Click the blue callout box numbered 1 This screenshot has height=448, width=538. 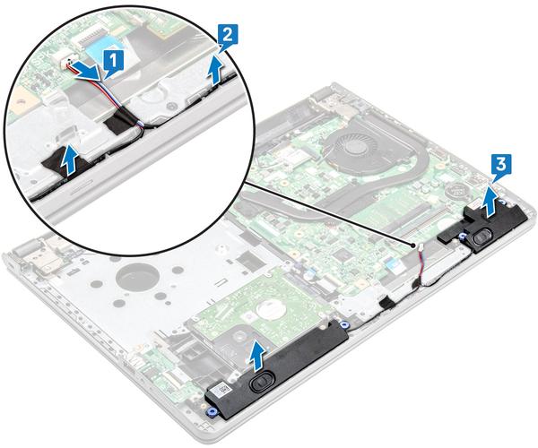pos(111,61)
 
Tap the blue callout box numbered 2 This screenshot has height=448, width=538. pos(229,36)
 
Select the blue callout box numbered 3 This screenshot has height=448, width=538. pos(502,165)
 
